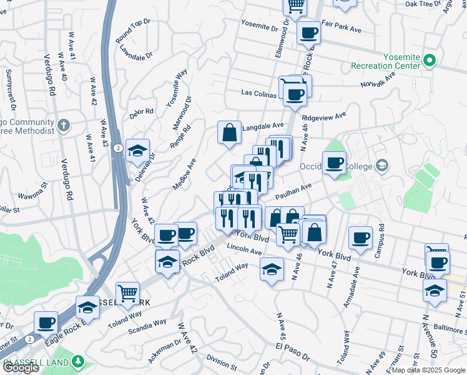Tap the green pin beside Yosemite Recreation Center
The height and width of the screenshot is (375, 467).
click(429, 61)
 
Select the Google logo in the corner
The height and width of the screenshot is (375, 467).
click(21, 367)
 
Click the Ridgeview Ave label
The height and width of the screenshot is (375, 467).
click(323, 117)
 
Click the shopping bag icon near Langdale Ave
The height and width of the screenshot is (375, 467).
click(229, 132)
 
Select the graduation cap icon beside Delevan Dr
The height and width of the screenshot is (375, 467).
click(137, 150)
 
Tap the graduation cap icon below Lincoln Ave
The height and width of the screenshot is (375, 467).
click(270, 269)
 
